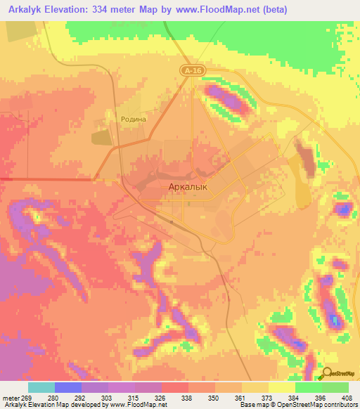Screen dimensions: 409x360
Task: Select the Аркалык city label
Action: [x=188, y=187]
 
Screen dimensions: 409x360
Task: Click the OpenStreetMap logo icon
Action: [x=327, y=373]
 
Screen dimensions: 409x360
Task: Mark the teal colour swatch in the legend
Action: [x=41, y=387]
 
